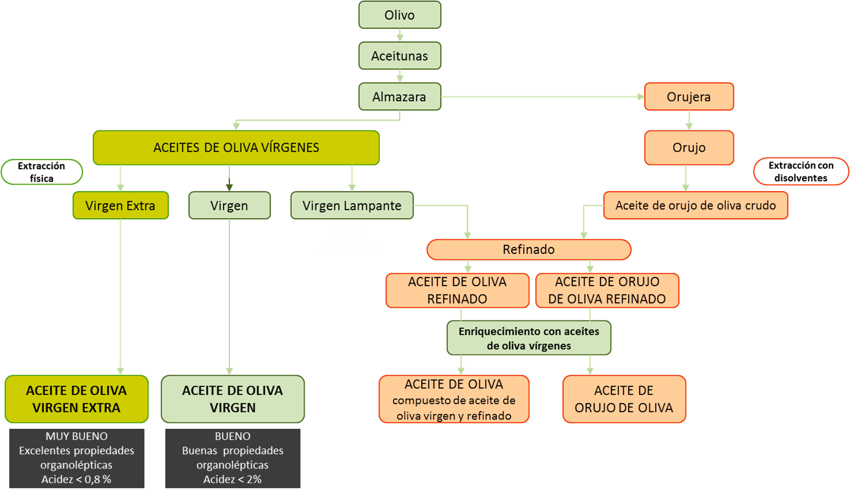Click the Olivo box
[399, 15]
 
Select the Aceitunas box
[399, 56]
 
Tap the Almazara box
[399, 96]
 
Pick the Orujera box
[688, 96]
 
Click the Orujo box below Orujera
[689, 148]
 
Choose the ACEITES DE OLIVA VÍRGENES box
[236, 148]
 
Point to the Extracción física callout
[42, 172]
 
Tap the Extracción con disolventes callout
[801, 172]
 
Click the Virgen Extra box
[120, 205]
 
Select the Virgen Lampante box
[351, 205]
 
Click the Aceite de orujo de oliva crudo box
[695, 205]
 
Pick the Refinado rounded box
[528, 249]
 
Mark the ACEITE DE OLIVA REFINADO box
[457, 290]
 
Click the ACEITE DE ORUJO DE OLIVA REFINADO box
[607, 290]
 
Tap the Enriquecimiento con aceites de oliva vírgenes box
[529, 338]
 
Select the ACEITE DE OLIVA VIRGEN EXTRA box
[76, 399]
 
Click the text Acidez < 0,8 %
[76, 479]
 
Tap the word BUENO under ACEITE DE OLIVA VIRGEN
[232, 436]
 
